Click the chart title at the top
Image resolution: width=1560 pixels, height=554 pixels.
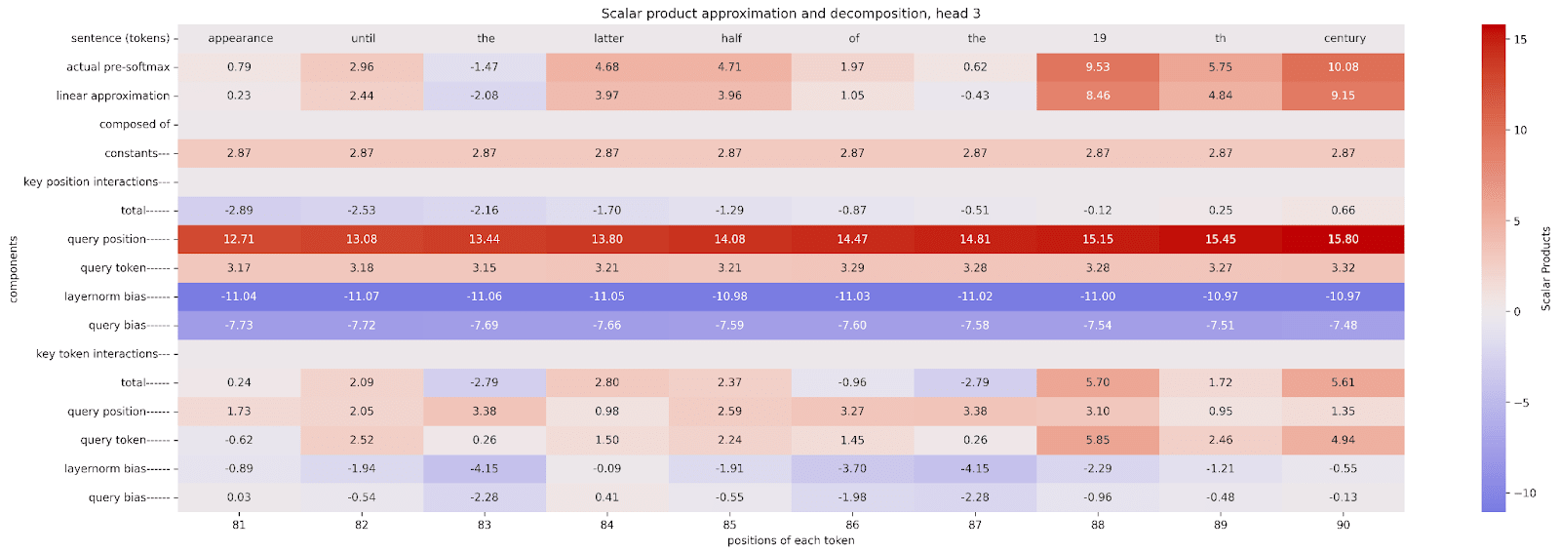coord(791,14)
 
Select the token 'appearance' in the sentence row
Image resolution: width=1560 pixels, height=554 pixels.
coord(240,38)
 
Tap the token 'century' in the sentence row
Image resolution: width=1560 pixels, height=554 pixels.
coord(1345,38)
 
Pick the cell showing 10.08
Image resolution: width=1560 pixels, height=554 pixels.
coord(1343,67)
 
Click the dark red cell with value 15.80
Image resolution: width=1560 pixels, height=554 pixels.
coord(1343,239)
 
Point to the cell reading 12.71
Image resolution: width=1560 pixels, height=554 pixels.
coord(239,239)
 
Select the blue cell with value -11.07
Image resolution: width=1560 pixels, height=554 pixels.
coord(362,297)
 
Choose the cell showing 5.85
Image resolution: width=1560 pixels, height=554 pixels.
coord(1098,440)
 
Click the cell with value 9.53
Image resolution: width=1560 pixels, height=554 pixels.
coord(1098,67)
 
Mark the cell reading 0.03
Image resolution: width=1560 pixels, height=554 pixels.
coord(239,497)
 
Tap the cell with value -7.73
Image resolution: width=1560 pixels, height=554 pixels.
coord(239,326)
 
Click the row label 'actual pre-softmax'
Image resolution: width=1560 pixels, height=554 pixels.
coord(118,67)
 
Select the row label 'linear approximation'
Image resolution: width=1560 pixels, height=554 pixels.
coord(113,96)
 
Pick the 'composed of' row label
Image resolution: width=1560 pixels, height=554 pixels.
coord(135,125)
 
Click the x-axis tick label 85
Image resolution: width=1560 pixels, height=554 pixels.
coord(729,525)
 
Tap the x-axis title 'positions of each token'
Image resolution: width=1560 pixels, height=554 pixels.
coord(791,540)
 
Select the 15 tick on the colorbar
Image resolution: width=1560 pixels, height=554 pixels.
coord(1520,40)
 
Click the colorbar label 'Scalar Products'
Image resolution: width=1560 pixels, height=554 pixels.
coord(1546,269)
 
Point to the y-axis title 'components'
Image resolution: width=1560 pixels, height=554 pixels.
coord(14,269)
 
